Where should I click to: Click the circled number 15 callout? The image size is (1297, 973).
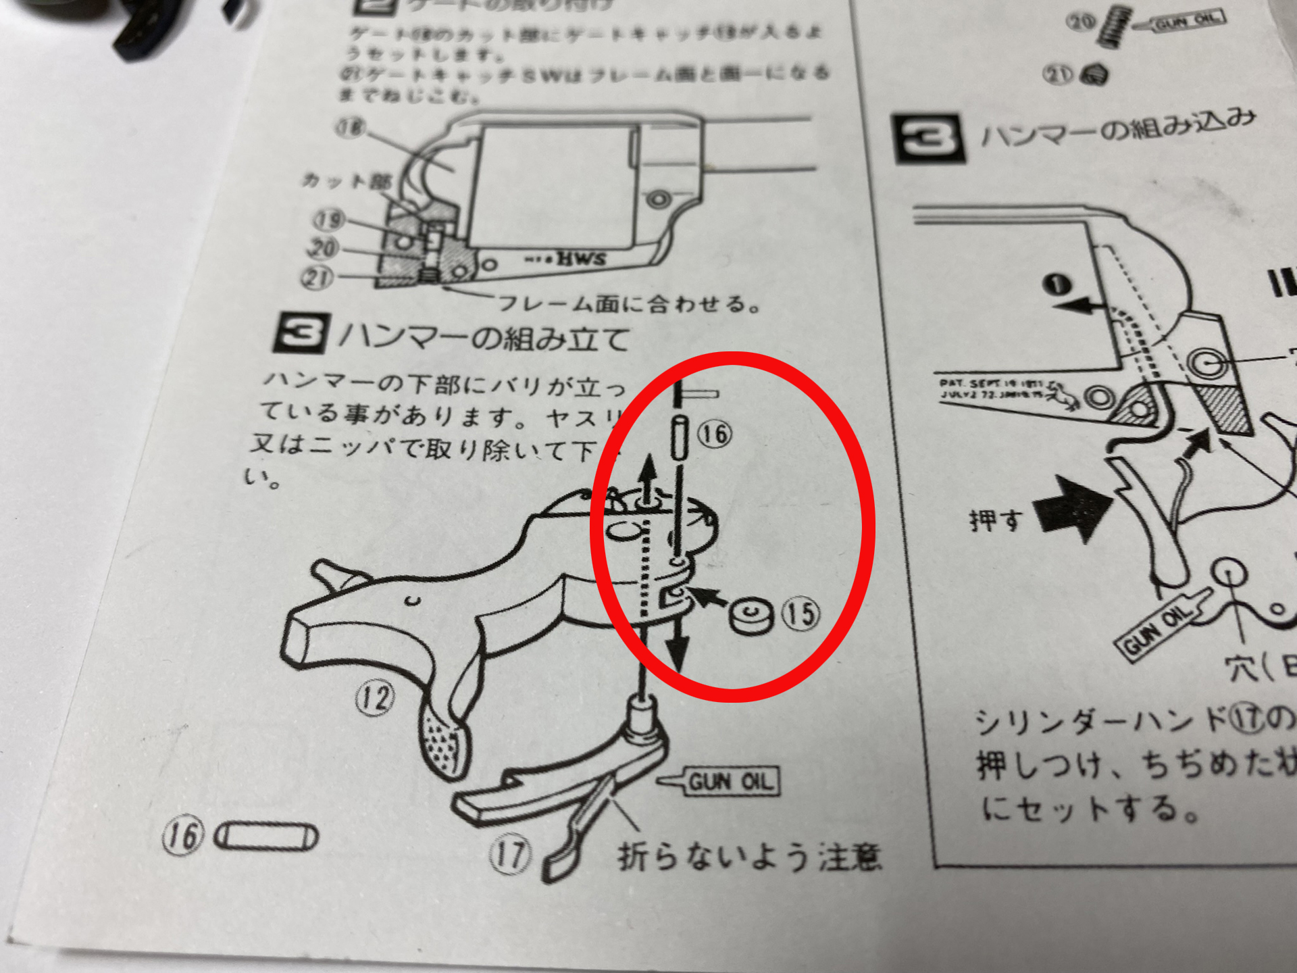tap(801, 614)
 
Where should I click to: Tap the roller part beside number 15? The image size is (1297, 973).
tap(751, 616)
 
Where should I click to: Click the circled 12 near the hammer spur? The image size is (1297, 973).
tap(375, 698)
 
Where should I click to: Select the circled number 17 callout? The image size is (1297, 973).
tap(509, 854)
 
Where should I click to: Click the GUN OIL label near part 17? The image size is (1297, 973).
tap(730, 782)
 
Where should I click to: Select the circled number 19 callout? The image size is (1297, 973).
tap(329, 220)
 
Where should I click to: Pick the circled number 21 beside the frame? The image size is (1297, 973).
tap(317, 277)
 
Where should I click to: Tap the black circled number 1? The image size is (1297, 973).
tap(1057, 284)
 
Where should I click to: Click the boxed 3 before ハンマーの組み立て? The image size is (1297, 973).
tap(301, 333)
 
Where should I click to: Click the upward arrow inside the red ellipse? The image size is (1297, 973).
tap(648, 476)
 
